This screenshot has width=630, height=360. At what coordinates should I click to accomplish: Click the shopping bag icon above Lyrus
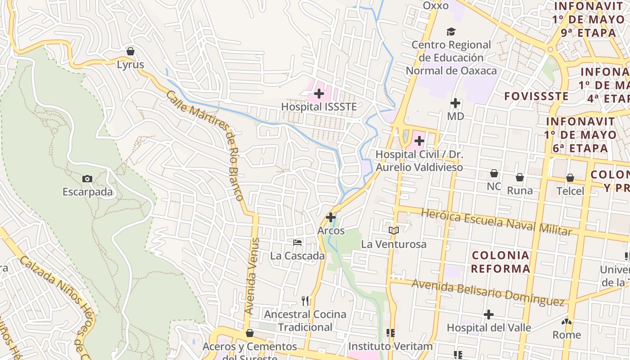click(x=130, y=51)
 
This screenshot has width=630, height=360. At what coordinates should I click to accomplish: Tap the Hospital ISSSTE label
click(x=319, y=107)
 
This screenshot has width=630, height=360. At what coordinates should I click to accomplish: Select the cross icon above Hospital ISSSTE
click(x=319, y=94)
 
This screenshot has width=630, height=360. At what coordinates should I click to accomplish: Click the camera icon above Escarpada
click(x=87, y=179)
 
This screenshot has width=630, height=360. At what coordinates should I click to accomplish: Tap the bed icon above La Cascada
click(x=297, y=243)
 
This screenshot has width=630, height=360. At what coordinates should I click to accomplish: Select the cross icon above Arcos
click(x=331, y=217)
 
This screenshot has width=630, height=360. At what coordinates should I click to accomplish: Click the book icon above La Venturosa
click(x=394, y=230)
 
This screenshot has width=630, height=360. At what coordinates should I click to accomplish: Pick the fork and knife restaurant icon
click(x=306, y=301)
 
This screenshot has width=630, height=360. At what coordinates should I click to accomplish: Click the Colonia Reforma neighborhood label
click(x=501, y=262)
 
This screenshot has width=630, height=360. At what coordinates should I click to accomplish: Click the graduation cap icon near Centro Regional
click(x=451, y=31)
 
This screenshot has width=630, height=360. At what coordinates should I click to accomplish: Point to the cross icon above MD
click(x=455, y=103)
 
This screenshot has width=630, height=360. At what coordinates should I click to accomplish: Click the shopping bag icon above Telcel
click(x=570, y=178)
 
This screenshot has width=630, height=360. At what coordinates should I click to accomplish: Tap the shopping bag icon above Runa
click(x=520, y=177)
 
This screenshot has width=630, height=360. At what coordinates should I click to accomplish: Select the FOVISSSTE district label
click(x=536, y=96)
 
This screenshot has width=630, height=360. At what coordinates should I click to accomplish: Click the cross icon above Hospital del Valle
click(x=489, y=315)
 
